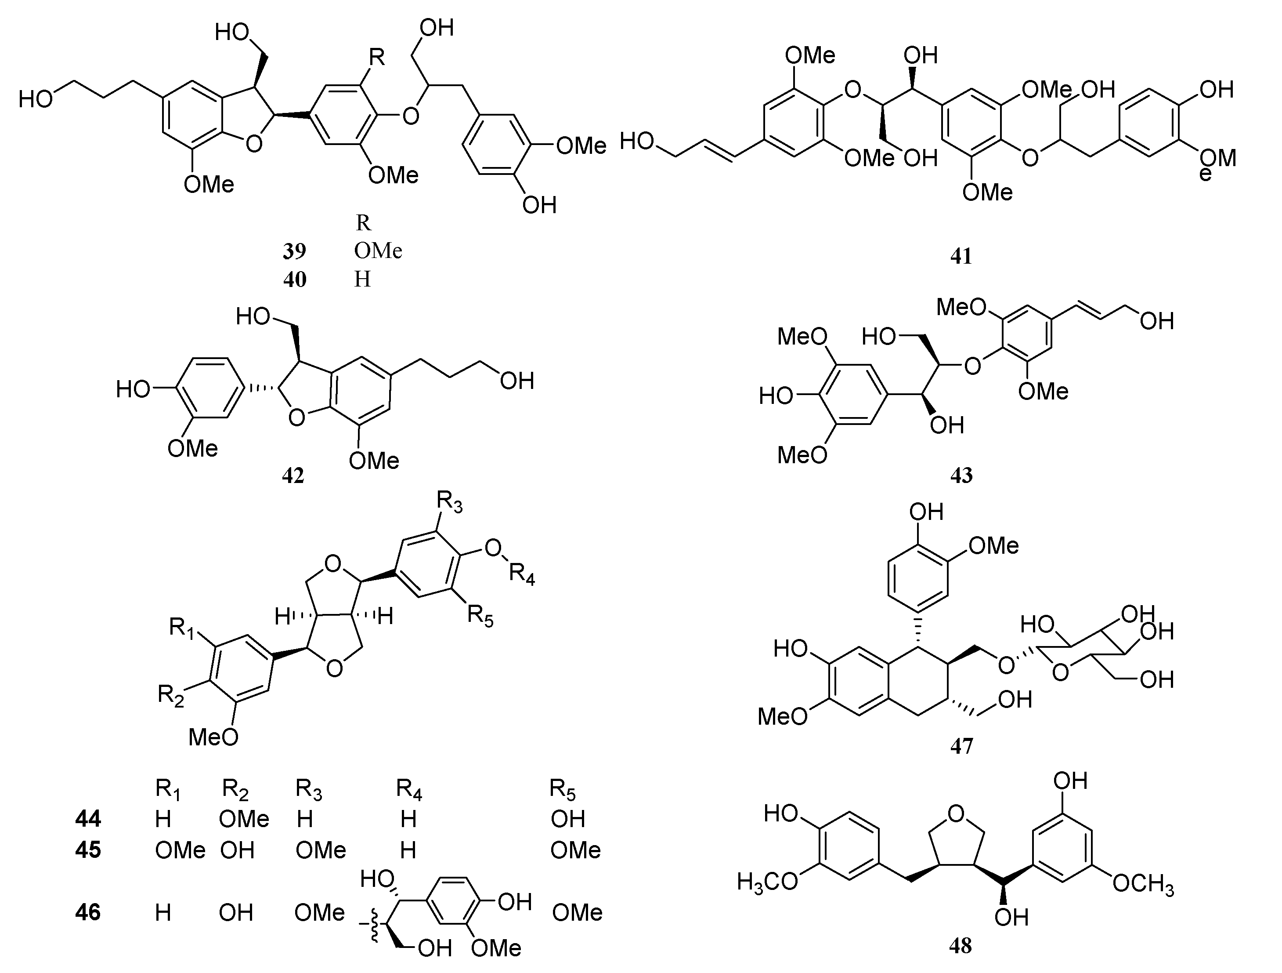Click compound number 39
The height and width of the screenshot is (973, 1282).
294,251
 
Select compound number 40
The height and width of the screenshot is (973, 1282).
294,280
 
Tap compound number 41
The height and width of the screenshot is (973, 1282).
961,256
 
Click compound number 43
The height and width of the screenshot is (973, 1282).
961,476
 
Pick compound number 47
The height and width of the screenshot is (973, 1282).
961,746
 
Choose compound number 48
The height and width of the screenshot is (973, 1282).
961,946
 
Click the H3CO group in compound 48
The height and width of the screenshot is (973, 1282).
767,882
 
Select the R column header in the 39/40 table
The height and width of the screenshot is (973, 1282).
363,223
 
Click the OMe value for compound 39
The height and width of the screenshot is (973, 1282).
378,251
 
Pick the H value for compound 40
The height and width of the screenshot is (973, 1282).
362,280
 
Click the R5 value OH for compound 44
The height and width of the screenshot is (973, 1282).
568,819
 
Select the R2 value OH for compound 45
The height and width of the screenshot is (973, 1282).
237,850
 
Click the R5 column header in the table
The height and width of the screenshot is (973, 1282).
562,790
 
